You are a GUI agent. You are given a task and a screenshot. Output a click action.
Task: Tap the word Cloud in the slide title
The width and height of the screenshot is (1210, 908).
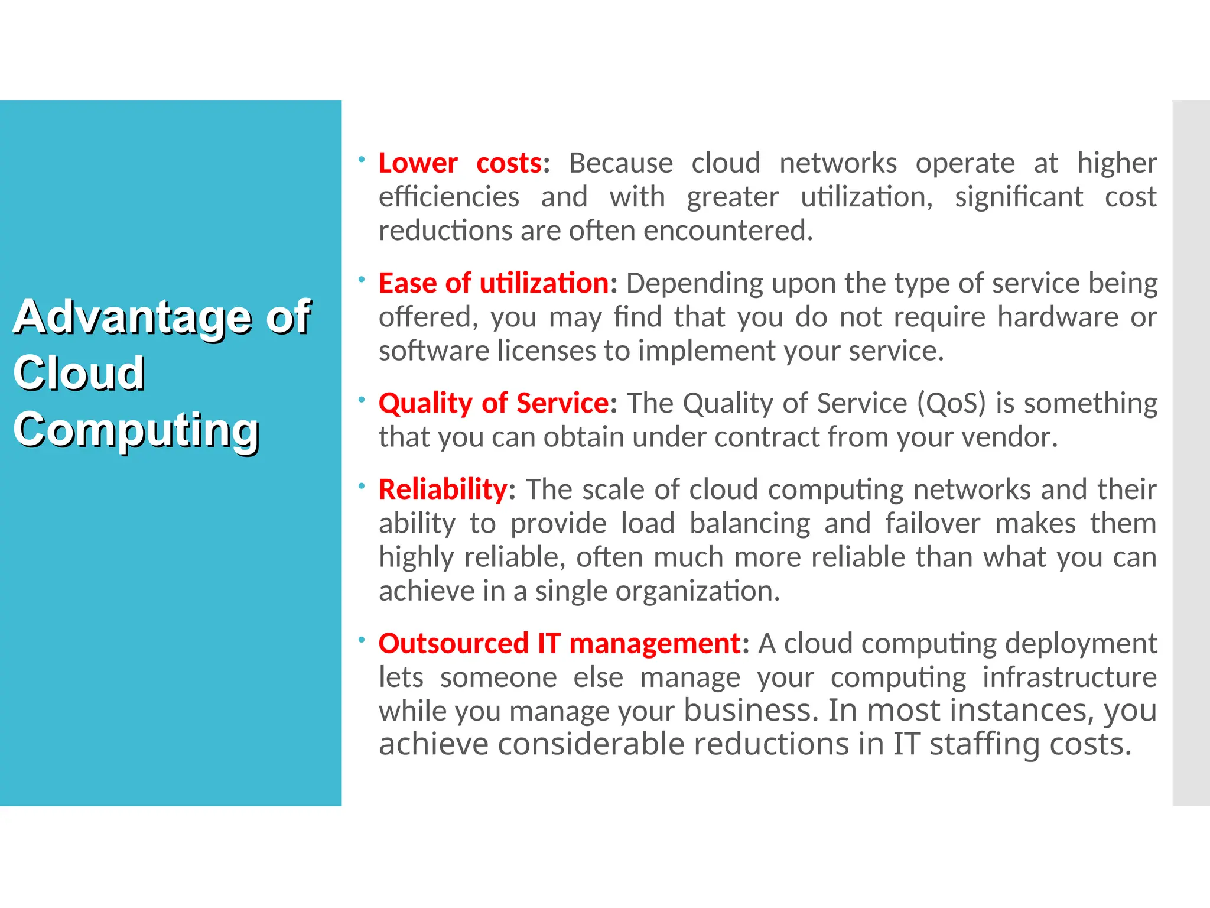79,374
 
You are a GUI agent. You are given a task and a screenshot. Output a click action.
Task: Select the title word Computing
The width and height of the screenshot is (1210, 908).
136,430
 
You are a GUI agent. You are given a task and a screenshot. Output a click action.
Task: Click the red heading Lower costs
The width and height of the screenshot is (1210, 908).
460,163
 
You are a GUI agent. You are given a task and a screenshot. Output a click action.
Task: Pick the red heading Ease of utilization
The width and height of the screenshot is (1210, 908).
493,283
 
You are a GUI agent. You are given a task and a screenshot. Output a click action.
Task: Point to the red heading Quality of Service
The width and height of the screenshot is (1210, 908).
493,403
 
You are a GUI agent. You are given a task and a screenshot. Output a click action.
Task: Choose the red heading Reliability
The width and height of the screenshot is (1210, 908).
443,489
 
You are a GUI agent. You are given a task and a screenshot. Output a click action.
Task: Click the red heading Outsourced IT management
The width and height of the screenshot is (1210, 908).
559,643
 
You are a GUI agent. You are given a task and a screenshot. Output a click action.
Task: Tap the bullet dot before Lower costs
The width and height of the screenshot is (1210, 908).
362,158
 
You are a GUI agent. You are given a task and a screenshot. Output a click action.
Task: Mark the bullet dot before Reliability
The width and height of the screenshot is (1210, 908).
362,485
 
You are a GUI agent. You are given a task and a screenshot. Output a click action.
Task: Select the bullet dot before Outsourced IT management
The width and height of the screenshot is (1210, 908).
362,639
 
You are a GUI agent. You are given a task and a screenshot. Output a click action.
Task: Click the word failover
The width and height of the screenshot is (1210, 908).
932,524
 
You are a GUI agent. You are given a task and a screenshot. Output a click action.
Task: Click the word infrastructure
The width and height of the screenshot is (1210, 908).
1069,677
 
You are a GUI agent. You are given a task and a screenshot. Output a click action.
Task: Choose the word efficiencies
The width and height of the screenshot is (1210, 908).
448,197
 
